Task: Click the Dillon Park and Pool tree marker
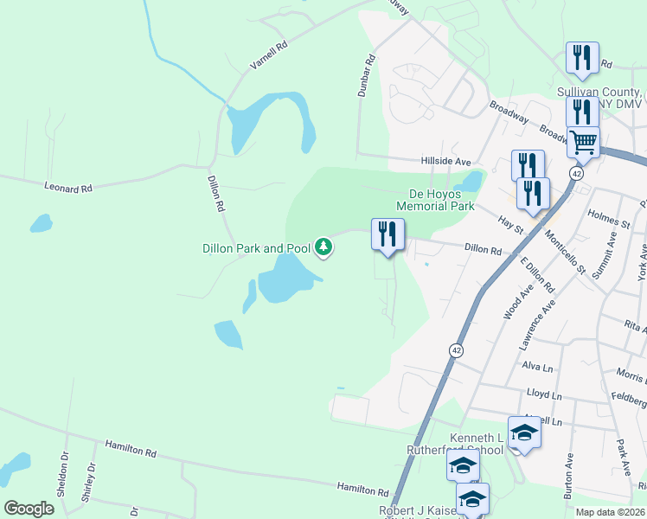pyautogui.click(x=324, y=248)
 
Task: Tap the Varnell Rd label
pyautogui.click(x=268, y=55)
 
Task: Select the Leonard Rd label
pyautogui.click(x=67, y=187)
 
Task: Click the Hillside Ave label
pyautogui.click(x=445, y=162)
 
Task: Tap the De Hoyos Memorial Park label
pyautogui.click(x=436, y=201)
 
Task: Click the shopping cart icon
pyautogui.click(x=583, y=140)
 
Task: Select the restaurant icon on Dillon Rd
pyautogui.click(x=387, y=233)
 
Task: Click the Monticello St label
pyautogui.click(x=566, y=252)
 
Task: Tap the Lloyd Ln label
pyautogui.click(x=538, y=394)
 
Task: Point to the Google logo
pyautogui.click(x=29, y=508)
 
